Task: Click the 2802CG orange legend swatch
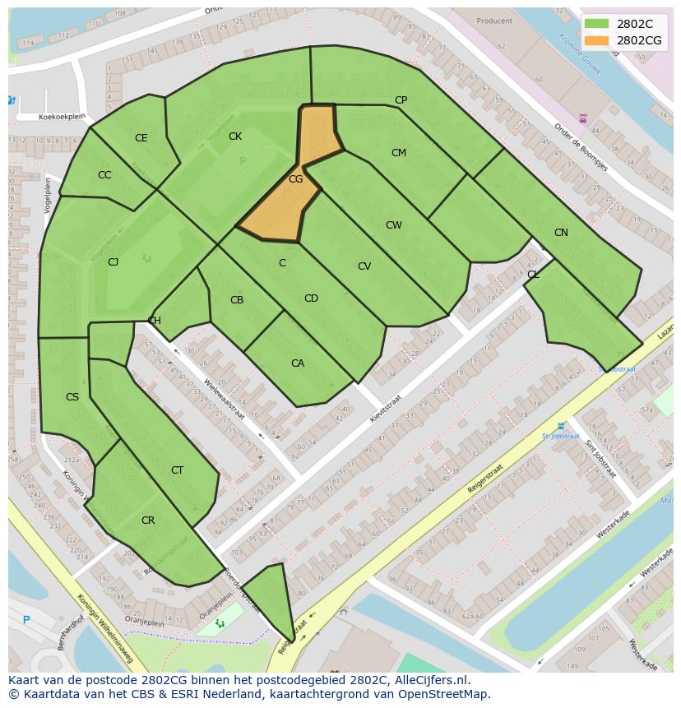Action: (x=597, y=40)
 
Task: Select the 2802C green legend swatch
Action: (x=597, y=24)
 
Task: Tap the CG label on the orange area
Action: (x=296, y=178)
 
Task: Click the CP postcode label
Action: (x=401, y=100)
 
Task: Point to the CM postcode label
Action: (x=398, y=153)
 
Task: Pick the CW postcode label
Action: (x=393, y=225)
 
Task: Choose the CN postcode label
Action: (x=561, y=233)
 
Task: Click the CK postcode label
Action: (x=235, y=137)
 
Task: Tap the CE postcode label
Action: (x=141, y=138)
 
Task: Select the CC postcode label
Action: (x=104, y=175)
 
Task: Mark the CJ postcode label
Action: (x=113, y=262)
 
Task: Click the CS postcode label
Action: (x=72, y=397)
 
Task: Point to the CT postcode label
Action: (x=177, y=470)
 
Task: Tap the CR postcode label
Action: (x=148, y=521)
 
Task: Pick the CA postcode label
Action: (x=298, y=363)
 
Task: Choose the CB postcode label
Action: (x=237, y=300)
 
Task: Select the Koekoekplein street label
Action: (x=63, y=117)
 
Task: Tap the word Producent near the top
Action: (x=493, y=21)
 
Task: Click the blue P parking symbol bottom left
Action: (x=26, y=620)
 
